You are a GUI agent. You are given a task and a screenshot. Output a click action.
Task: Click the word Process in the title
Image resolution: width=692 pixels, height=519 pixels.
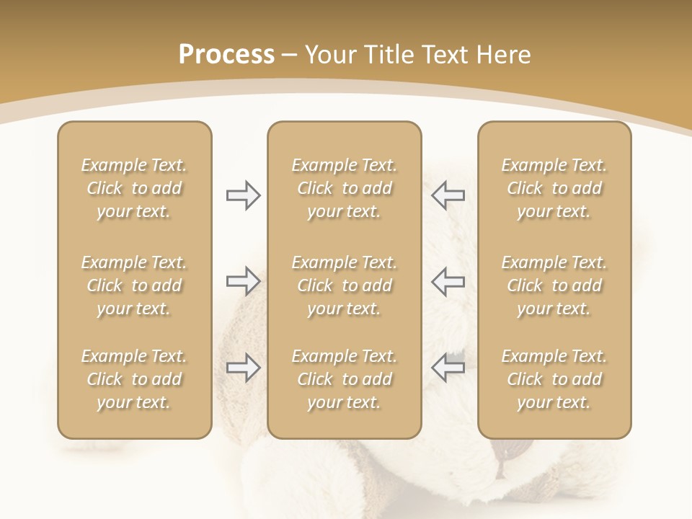[226, 55]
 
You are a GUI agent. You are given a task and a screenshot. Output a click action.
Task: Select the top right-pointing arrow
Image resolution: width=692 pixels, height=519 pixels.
[244, 195]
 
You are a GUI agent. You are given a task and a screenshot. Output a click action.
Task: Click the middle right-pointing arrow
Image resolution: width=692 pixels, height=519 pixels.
[244, 281]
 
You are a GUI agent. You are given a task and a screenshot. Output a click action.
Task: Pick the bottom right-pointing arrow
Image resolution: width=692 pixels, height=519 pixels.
[244, 368]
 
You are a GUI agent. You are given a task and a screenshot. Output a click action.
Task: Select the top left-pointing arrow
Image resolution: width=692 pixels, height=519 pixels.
[448, 195]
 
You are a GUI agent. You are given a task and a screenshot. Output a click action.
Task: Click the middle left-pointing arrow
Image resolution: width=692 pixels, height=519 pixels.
[448, 281]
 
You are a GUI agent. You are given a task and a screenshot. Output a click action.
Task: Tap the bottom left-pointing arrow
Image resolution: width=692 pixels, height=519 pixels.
[448, 368]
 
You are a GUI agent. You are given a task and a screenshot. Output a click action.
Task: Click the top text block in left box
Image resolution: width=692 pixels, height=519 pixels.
[134, 188]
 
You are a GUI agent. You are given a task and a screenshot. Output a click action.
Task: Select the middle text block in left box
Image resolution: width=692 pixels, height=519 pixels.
[134, 285]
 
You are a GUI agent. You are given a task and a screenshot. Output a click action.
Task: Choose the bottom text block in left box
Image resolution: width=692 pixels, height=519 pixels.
[134, 379]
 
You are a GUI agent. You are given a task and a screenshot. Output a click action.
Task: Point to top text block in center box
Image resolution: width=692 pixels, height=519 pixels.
[344, 188]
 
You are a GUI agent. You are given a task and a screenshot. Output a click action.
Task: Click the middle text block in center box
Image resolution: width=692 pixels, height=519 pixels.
[344, 285]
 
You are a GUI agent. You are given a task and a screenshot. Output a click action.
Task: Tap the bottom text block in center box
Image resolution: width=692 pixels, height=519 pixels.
[344, 379]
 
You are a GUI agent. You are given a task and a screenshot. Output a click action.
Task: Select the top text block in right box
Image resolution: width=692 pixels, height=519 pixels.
[554, 188]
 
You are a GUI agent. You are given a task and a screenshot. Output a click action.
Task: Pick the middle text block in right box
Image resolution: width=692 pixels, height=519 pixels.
[554, 285]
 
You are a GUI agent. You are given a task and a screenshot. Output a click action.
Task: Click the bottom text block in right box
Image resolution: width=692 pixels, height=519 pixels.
[554, 379]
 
